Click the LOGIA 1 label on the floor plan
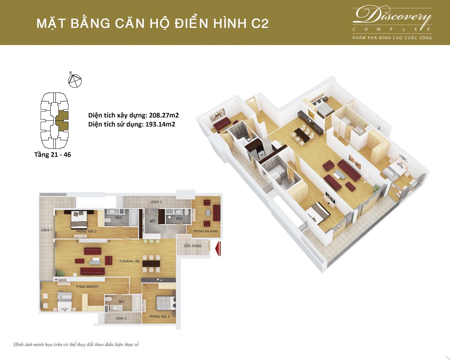[46, 230]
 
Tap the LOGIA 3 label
[156, 202]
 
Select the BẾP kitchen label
[153, 221]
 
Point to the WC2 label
[179, 218]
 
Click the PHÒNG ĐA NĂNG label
[206, 231]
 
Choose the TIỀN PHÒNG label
[193, 246]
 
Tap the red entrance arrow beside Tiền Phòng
[218, 249]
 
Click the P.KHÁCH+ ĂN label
[129, 261]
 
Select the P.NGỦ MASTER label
[87, 287]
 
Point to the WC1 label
[121, 301]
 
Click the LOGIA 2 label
[121, 318]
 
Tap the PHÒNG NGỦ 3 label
[159, 316]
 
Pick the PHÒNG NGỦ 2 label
[86, 231]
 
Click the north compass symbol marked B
[75, 80]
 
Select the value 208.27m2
[164, 115]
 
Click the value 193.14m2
[160, 124]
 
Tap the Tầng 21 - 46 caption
[53, 155]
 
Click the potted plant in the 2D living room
[60, 273]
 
